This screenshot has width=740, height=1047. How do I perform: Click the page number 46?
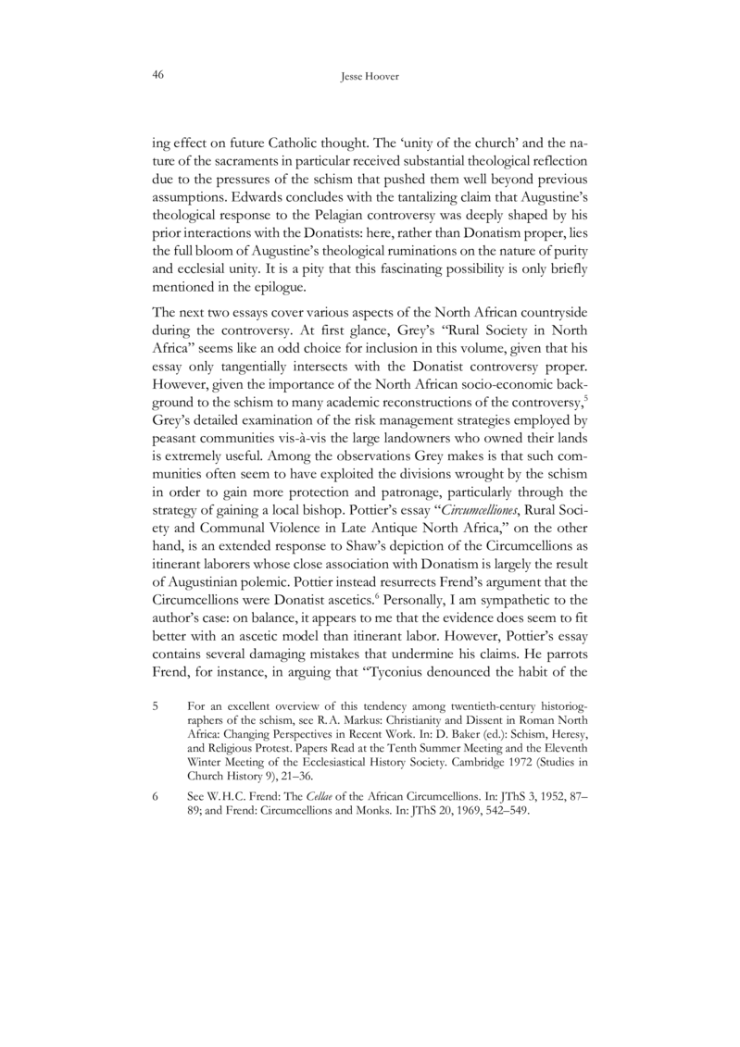[x=157, y=78]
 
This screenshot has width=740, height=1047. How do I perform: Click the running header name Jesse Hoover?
[x=370, y=80]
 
